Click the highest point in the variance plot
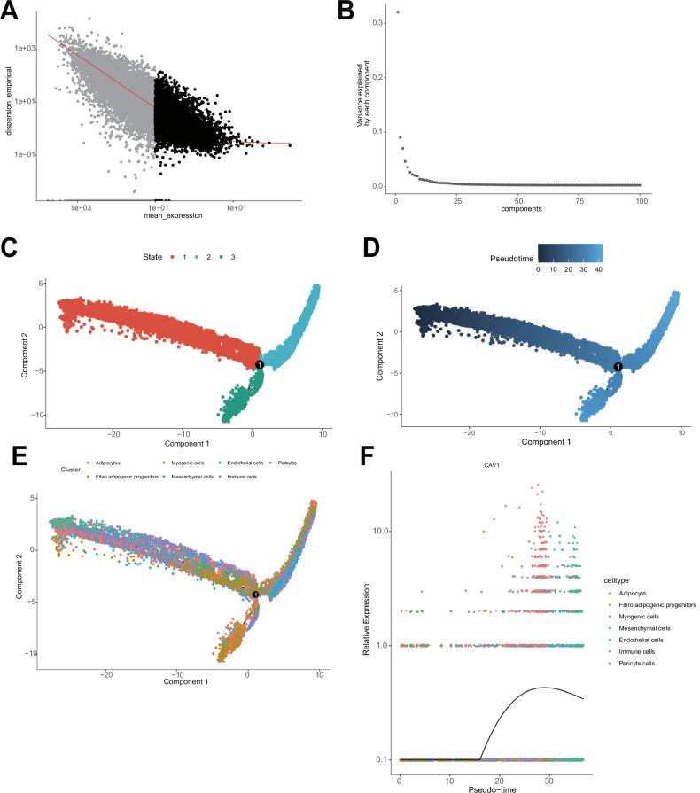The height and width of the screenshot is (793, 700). (398, 12)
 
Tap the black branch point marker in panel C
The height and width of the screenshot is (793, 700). (260, 364)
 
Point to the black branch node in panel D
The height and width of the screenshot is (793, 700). (618, 366)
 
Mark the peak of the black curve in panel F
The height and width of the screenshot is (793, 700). (543, 688)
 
